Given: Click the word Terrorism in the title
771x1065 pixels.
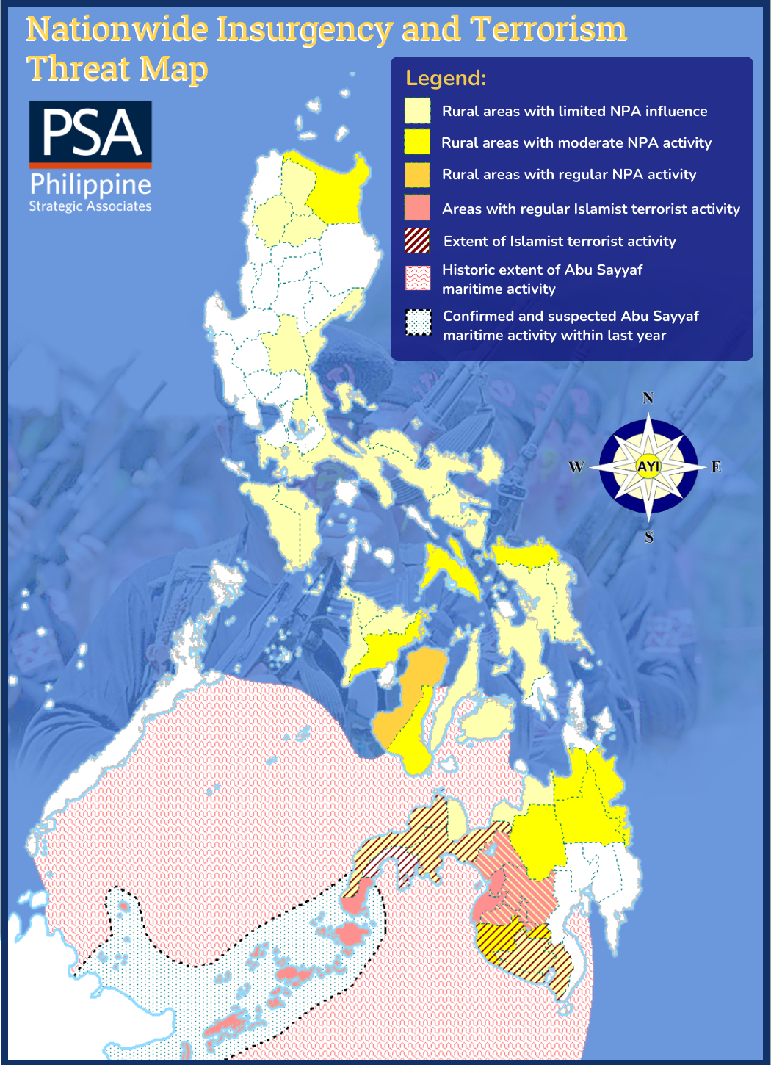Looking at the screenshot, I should click(548, 29).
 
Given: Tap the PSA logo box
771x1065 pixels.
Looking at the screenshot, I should click(90, 133).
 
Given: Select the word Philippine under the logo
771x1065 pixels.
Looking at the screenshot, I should click(90, 184).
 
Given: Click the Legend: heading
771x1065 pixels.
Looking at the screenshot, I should click(446, 78).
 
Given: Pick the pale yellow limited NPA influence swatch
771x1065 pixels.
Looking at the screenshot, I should click(417, 111).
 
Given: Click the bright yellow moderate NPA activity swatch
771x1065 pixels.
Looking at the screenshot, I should click(417, 142).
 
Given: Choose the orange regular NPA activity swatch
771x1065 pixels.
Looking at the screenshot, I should click(417, 175).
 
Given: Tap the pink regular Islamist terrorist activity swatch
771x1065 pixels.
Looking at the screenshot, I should click(417, 208).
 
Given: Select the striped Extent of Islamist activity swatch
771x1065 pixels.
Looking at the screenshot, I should click(417, 241).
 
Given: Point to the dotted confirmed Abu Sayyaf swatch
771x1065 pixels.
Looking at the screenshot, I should click(418, 323).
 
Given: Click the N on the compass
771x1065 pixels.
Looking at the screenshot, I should click(648, 398).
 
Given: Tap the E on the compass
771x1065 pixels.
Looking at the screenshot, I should click(716, 467).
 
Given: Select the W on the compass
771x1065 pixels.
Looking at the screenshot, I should click(576, 467).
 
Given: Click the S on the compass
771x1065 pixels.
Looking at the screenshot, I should click(649, 538).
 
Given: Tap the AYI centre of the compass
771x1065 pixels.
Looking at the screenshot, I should click(648, 466).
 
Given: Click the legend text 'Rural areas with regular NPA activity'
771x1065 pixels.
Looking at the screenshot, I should click(568, 175).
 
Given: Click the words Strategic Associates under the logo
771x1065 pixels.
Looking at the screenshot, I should click(90, 206).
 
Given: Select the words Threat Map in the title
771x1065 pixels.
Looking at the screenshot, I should click(117, 69).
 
